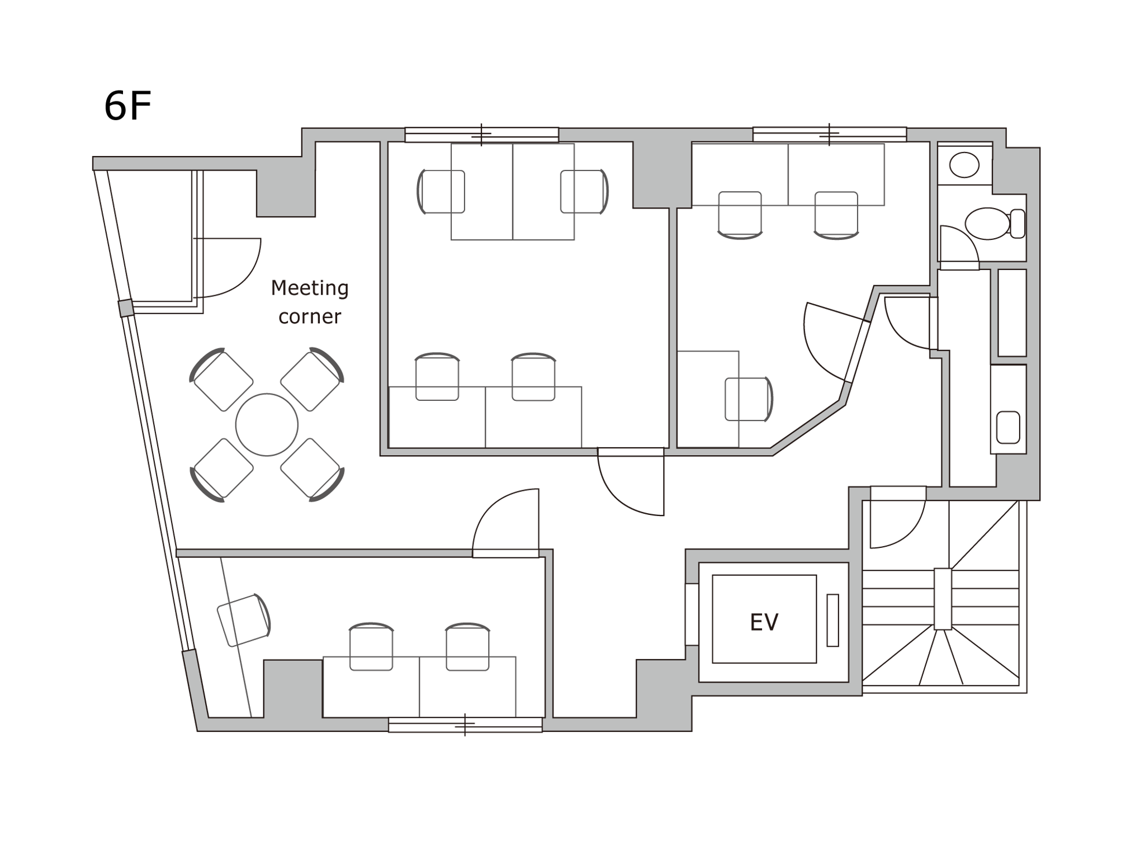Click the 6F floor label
[x=127, y=106]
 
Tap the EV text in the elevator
[x=764, y=622]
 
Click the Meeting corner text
[x=310, y=302]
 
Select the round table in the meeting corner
[x=267, y=425]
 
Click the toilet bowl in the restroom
[x=988, y=224]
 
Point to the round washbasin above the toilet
[x=964, y=165]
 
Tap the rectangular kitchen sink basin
[x=1008, y=428]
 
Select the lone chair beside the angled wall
[x=749, y=399]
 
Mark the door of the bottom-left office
[x=505, y=523]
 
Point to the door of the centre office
[x=631, y=481]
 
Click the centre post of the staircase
[x=943, y=599]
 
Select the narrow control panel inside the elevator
[x=832, y=620]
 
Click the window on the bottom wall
[x=465, y=725]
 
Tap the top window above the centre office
[x=481, y=135]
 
